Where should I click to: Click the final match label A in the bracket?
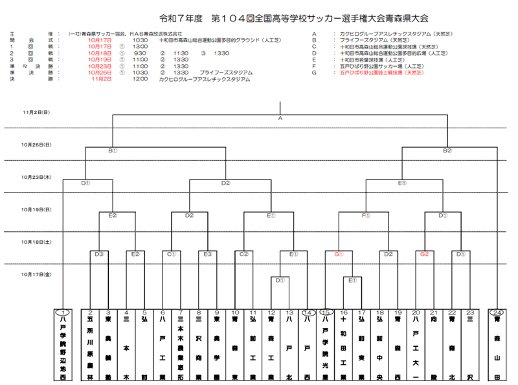pyautogui.click(x=280, y=119)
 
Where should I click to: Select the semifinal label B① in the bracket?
pyautogui.click(x=112, y=150)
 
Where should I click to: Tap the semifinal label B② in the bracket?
pyautogui.click(x=447, y=150)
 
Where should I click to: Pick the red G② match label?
pyautogui.click(x=425, y=254)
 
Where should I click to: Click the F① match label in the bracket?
pyautogui.click(x=366, y=215)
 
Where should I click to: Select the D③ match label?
pyautogui.click(x=99, y=254)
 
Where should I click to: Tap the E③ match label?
pyautogui.click(x=208, y=254)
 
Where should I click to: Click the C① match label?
pyautogui.click(x=172, y=254)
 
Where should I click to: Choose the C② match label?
pyautogui.click(x=244, y=254)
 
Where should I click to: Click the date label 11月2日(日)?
pyautogui.click(x=36, y=112)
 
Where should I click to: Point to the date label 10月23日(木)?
pyautogui.click(x=36, y=177)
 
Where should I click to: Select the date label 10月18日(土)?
pyautogui.click(x=36, y=242)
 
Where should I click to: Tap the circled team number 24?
pyautogui.click(x=497, y=312)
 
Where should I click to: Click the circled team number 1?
pyautogui.click(x=63, y=312)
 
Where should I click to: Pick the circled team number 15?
pyautogui.click(x=326, y=312)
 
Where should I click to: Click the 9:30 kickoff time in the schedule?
pyautogui.click(x=141, y=53)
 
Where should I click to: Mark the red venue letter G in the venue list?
pyautogui.click(x=314, y=73)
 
